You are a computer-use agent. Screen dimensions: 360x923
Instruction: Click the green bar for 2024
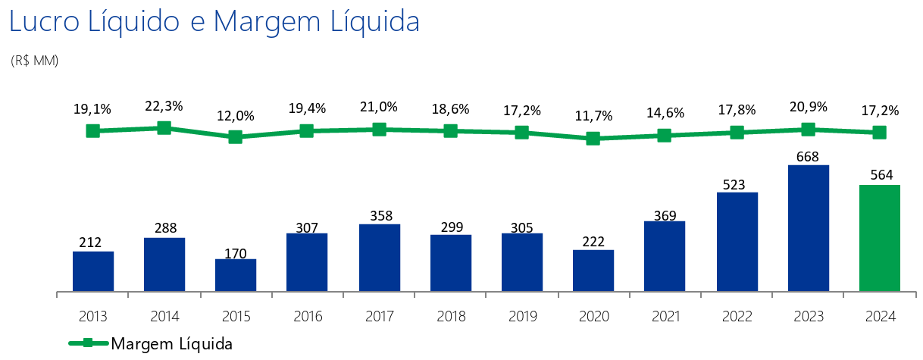880,238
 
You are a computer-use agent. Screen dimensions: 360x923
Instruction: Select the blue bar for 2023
809,228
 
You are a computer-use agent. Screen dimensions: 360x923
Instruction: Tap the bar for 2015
236,275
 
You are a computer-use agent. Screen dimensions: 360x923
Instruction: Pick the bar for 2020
593,271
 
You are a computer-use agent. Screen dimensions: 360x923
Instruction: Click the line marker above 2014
164,128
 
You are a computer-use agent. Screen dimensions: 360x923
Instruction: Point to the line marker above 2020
593,138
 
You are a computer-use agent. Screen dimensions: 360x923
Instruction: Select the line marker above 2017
380,130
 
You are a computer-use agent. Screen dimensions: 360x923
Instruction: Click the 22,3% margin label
164,107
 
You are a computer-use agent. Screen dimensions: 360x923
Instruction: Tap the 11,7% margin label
594,116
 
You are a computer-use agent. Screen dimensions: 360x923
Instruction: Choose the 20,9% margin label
809,107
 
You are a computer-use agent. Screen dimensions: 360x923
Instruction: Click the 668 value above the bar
809,155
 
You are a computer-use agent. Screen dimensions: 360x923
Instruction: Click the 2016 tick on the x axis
308,316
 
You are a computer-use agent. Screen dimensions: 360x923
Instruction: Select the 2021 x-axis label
665,316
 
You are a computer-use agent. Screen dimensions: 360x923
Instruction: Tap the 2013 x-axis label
93,316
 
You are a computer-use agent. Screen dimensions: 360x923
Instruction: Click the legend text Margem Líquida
171,343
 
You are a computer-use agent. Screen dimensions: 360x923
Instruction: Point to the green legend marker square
89,343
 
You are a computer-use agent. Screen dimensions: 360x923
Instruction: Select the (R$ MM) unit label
35,60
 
